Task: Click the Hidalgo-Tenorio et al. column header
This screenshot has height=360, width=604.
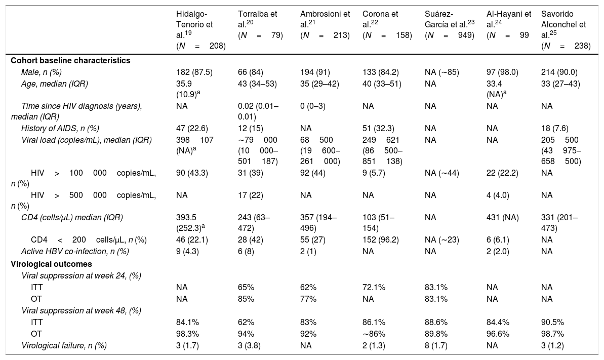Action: (x=200, y=30)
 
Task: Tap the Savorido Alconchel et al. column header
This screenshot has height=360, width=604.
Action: (x=566, y=30)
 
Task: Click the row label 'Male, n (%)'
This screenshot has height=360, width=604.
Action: (x=41, y=72)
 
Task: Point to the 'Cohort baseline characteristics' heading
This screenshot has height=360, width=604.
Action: (x=70, y=61)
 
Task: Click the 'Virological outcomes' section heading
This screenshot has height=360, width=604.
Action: (x=51, y=264)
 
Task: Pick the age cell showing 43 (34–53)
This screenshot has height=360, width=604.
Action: (x=257, y=84)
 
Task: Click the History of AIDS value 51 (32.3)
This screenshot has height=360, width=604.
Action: (x=378, y=128)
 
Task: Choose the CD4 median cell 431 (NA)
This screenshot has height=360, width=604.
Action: (x=503, y=217)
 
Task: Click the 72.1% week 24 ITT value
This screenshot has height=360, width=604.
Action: (x=374, y=287)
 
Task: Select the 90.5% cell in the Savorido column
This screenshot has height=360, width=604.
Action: (x=552, y=322)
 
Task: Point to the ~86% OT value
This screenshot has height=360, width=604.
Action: (x=373, y=334)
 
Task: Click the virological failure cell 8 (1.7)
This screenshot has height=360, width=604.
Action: (x=436, y=345)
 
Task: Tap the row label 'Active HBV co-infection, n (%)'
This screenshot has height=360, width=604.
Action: (x=75, y=251)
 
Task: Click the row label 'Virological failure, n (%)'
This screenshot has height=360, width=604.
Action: (x=64, y=345)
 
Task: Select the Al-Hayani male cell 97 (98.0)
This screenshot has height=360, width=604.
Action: (x=502, y=72)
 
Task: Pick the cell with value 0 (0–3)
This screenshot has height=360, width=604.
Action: (x=313, y=106)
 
